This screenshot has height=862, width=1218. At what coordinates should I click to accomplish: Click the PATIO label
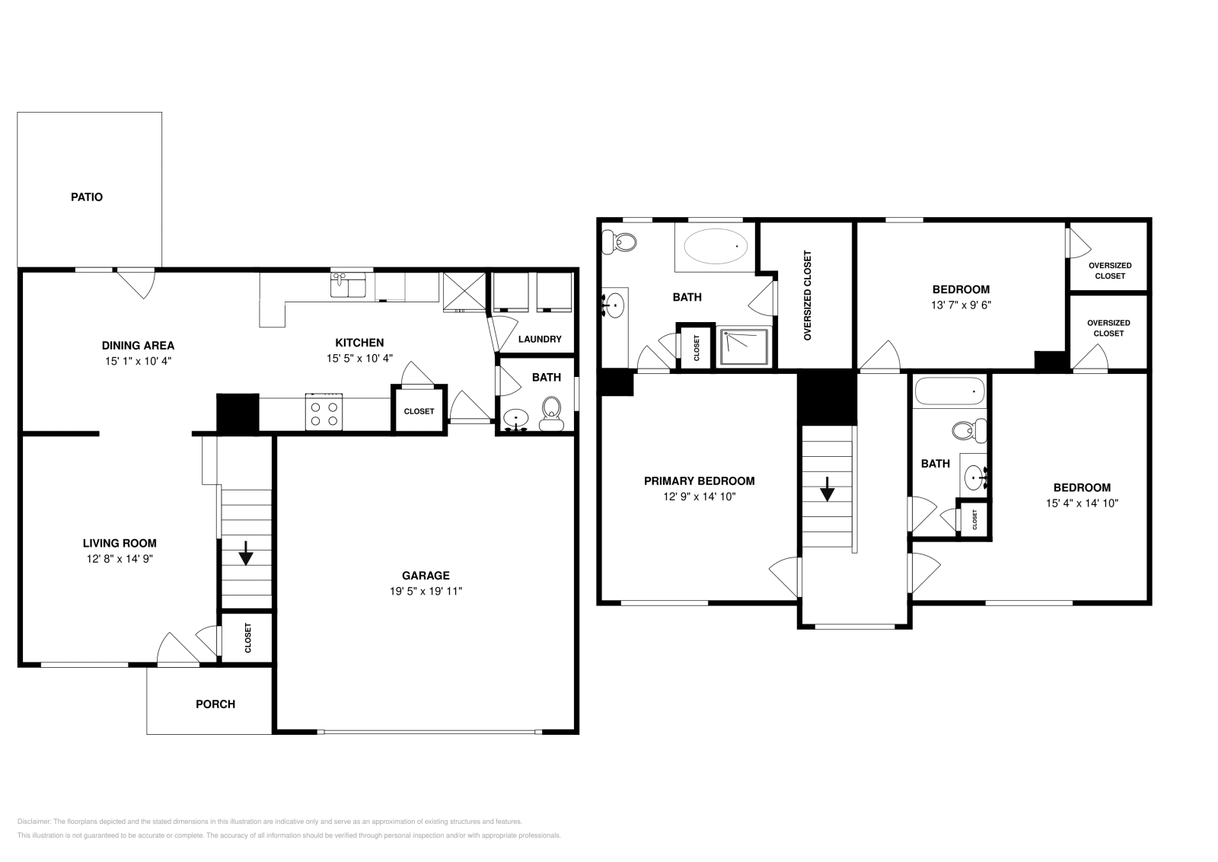click(x=87, y=197)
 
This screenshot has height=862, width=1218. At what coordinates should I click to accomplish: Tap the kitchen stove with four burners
click(x=324, y=413)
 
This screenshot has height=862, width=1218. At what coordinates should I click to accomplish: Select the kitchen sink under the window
click(x=348, y=286)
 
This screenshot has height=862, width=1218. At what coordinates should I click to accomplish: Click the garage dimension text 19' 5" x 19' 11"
click(x=426, y=591)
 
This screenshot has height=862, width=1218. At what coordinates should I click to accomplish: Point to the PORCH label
click(x=215, y=704)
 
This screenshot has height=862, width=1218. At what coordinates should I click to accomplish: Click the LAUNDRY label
click(x=540, y=339)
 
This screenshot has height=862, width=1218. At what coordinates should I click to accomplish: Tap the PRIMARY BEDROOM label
click(x=699, y=481)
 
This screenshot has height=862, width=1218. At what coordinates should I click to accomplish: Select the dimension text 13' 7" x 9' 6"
click(x=961, y=305)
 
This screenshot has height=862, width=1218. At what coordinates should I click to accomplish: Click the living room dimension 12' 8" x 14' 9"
click(x=120, y=558)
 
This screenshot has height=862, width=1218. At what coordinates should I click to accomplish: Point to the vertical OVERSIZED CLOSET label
click(x=808, y=295)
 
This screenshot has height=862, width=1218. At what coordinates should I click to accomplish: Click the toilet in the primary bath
click(x=620, y=243)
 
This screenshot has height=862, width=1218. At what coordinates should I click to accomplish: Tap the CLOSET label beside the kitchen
click(x=419, y=411)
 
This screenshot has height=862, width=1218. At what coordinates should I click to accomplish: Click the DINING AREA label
click(x=139, y=346)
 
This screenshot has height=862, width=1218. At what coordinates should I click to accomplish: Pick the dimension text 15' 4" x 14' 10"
click(x=1081, y=503)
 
